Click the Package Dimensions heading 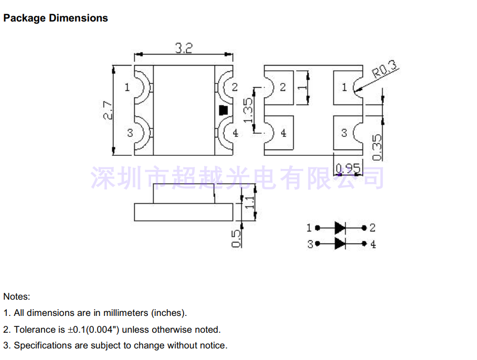pyautogui.click(x=56, y=18)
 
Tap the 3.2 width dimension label pyautogui.click(x=184, y=48)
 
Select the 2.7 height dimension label pyautogui.click(x=108, y=110)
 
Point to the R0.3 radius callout pyautogui.click(x=385, y=69)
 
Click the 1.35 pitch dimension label pyautogui.click(x=248, y=110)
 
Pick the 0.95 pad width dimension pyautogui.click(x=348, y=168)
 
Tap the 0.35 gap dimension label pyautogui.click(x=377, y=147)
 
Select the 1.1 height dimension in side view pyautogui.click(x=249, y=203)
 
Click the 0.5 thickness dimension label pyautogui.click(x=236, y=239)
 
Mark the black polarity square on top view pyautogui.click(x=224, y=110)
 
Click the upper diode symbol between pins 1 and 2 pyautogui.click(x=340, y=228)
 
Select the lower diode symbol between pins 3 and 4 pyautogui.click(x=340, y=243)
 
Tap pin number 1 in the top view pyautogui.click(x=127, y=87)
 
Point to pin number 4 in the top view pyautogui.click(x=236, y=133)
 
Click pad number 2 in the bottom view pyautogui.click(x=283, y=87)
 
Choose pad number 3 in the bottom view pyautogui.click(x=344, y=133)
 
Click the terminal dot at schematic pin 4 pyautogui.click(x=364, y=243)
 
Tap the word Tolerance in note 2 pyautogui.click(x=39, y=330)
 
